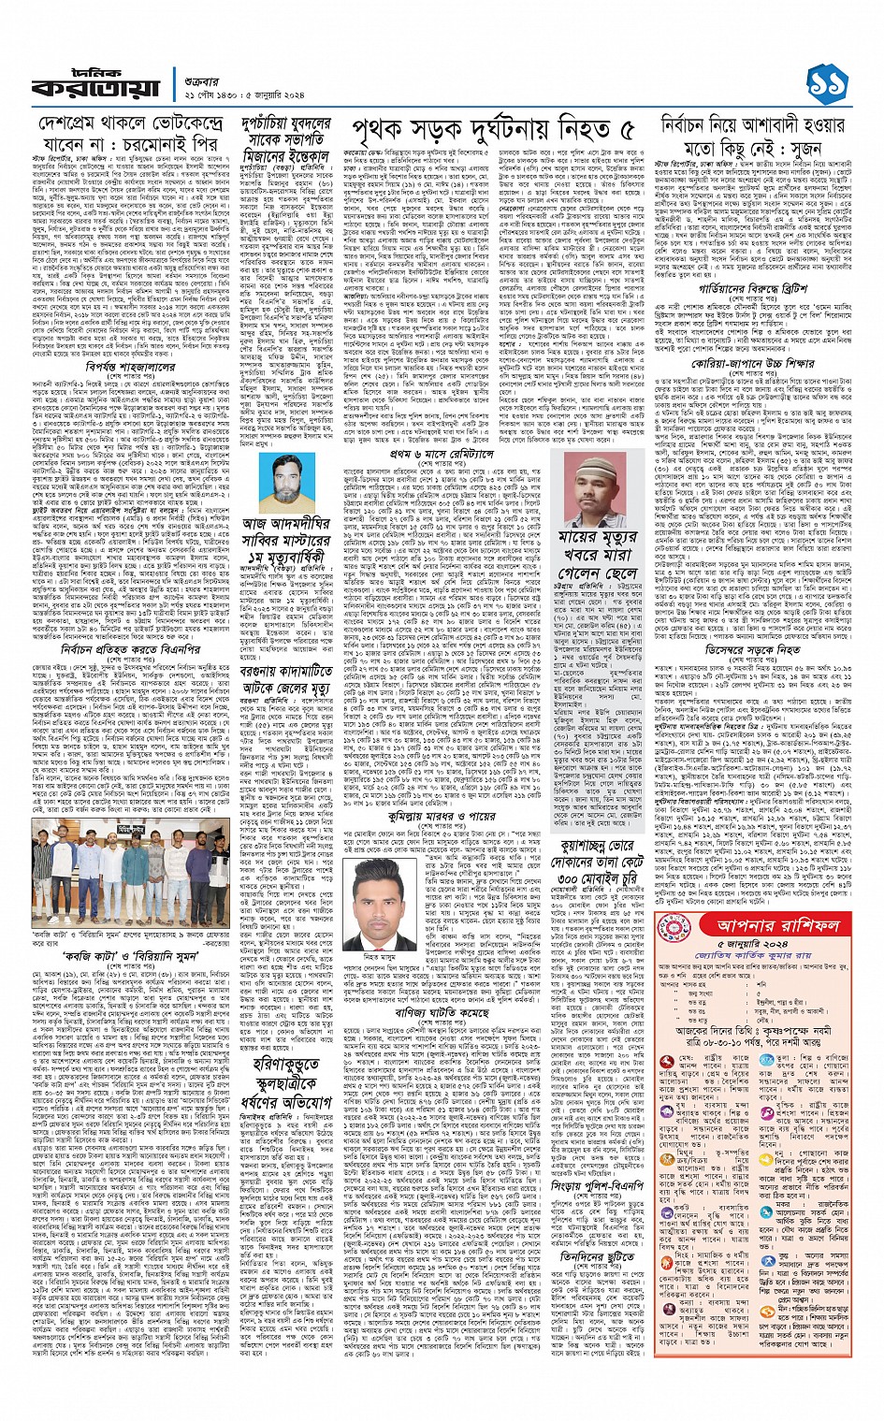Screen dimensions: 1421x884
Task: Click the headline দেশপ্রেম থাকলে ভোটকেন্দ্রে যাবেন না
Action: pos(129,136)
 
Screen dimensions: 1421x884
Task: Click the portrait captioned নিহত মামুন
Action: pos(385,900)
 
